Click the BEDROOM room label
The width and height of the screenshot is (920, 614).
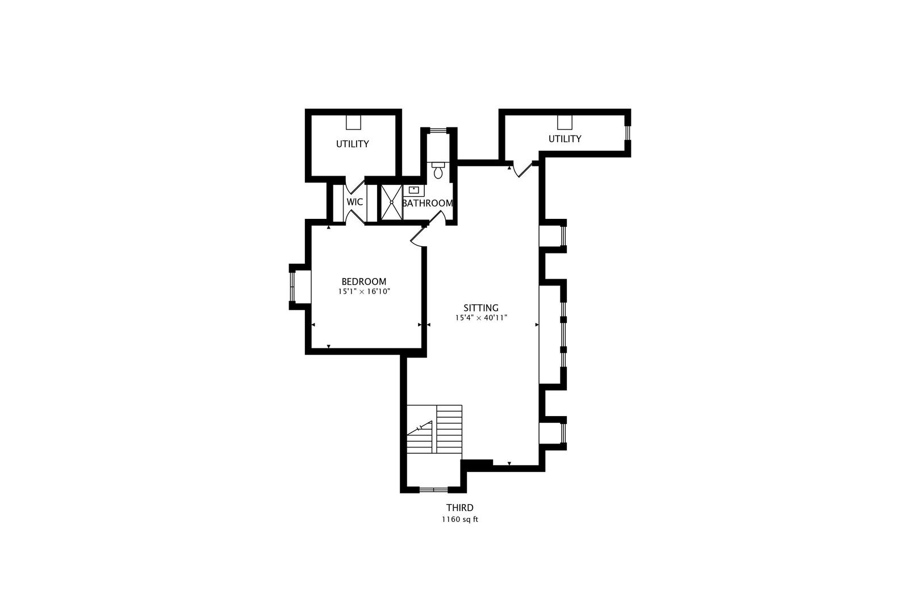[363, 281]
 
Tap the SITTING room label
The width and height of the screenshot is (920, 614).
[480, 308]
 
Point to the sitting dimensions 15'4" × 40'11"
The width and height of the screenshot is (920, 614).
[480, 318]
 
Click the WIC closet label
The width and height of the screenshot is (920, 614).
[355, 202]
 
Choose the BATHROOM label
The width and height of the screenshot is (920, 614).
[427, 203]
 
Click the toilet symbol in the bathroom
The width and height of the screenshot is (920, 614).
[438, 171]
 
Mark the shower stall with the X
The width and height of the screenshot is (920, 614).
[391, 202]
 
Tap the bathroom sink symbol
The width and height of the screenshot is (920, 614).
[414, 190]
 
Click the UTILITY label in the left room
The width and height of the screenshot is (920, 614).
[352, 144]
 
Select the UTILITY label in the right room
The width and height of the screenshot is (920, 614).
[564, 139]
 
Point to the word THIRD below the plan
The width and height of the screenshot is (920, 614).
[459, 508]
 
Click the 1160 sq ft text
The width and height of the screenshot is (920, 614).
[459, 520]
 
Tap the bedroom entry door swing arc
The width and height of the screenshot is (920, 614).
[417, 239]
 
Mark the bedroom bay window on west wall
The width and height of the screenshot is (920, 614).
[293, 287]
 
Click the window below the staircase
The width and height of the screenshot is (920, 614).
[433, 489]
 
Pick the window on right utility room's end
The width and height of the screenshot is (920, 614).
[628, 132]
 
